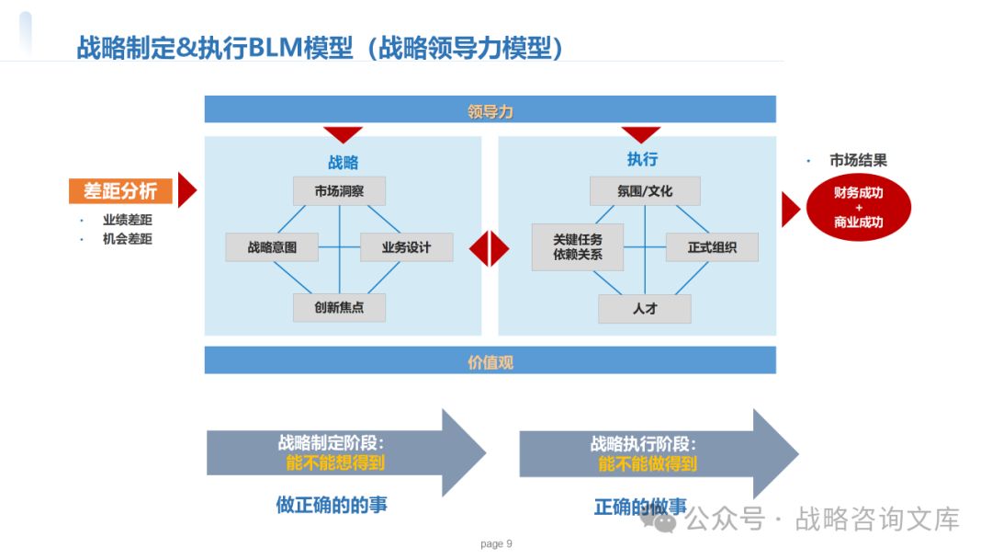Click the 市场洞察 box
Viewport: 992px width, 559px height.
click(x=339, y=191)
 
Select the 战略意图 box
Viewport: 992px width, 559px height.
click(x=273, y=247)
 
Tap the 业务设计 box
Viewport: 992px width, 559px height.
click(x=406, y=247)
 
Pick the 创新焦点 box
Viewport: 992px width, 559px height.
click(x=339, y=307)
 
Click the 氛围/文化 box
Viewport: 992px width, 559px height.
click(x=645, y=191)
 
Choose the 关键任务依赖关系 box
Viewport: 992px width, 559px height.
click(x=578, y=247)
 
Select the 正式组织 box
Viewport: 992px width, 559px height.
click(x=713, y=247)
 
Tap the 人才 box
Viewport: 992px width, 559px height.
click(x=645, y=309)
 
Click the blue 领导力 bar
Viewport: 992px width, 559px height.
click(x=490, y=109)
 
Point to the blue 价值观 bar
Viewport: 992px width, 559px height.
click(x=490, y=360)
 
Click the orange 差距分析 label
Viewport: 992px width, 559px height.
click(x=120, y=190)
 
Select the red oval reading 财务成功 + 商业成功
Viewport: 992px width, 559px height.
click(x=859, y=208)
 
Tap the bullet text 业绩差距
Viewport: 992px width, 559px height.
click(x=128, y=220)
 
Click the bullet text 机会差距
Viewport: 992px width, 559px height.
click(x=128, y=239)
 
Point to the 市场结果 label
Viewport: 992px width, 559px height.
click(x=858, y=161)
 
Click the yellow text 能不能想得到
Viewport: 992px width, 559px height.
click(x=335, y=463)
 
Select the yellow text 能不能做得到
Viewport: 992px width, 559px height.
click(x=648, y=464)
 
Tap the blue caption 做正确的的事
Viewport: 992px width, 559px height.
click(x=338, y=505)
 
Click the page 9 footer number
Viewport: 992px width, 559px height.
click(x=496, y=543)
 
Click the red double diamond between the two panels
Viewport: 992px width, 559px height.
click(x=490, y=248)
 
